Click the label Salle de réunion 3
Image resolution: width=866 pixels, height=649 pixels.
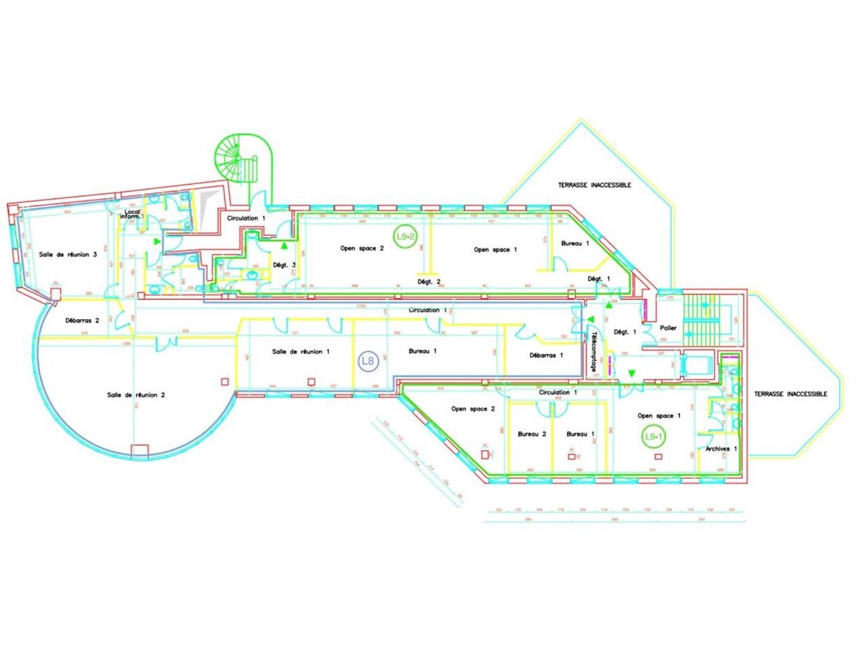pos(68,254)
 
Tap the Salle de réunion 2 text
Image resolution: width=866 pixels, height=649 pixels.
pos(136,395)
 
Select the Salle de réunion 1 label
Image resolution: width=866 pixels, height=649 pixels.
pos(301,352)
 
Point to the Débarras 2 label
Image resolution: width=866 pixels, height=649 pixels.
pos(83,320)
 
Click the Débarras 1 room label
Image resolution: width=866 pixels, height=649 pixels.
pos(546,355)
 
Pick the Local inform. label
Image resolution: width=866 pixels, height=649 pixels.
pos(133,214)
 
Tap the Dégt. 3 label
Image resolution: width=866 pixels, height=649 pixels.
pos(284,265)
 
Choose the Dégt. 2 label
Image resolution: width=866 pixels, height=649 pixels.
pos(429,281)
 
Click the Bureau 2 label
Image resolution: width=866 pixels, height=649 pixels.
pos(532,434)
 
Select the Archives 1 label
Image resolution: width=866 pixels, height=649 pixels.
pos(721,449)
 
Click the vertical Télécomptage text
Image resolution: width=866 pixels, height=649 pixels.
pos(594,352)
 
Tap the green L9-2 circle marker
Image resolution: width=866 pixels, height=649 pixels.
pos(405,237)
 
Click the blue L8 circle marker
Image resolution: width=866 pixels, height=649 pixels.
pos(367,361)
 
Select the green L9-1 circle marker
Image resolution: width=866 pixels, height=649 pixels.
pos(653,437)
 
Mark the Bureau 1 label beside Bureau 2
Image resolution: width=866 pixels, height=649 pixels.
pos(580,434)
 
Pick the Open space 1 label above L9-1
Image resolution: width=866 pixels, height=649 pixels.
pos(656,416)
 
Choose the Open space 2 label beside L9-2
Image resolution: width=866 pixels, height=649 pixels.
pos(362,248)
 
